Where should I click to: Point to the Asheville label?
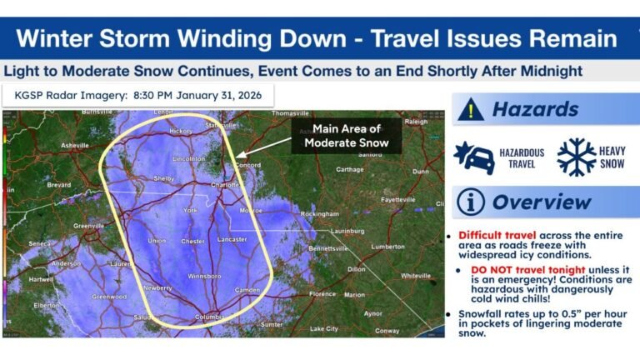(x=74, y=145)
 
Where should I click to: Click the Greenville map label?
(x=88, y=226)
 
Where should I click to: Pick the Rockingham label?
(x=322, y=213)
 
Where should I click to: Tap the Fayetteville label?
(x=398, y=200)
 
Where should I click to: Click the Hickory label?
(x=181, y=131)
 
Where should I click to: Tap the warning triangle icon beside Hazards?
(x=471, y=109)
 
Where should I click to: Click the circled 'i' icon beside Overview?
(x=471, y=202)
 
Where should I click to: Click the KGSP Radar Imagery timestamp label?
(x=137, y=95)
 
